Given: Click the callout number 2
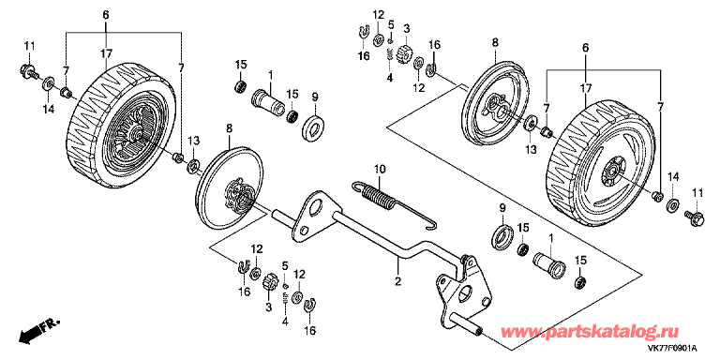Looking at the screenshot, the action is (397, 280).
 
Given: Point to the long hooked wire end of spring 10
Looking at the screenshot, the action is (412, 219).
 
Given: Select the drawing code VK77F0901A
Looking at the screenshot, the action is (672, 349).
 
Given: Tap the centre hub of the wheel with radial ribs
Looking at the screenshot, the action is (137, 133).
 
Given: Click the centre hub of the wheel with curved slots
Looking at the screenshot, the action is (610, 172).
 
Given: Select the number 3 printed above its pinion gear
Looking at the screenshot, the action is (406, 29).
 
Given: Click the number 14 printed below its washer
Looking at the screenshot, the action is (49, 109).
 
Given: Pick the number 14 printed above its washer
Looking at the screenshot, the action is (672, 176).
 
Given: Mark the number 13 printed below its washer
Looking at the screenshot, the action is (531, 149).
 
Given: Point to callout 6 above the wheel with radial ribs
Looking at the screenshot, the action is (106, 15).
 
